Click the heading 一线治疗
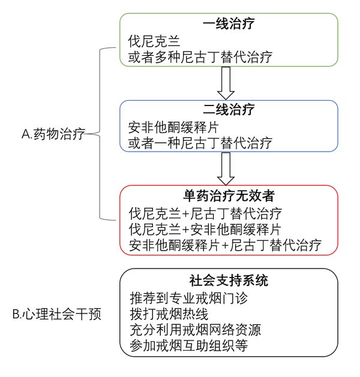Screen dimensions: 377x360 [228, 25]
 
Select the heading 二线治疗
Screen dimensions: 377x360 [228, 111]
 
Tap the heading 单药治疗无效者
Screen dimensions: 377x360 [228, 197]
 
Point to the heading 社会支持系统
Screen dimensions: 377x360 [228, 281]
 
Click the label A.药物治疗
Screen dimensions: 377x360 [53, 134]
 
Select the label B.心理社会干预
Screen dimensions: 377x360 [58, 313]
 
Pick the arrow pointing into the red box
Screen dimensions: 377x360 [226, 168]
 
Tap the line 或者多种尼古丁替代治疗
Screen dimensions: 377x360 [200, 58]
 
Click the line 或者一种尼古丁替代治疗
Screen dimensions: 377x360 [200, 143]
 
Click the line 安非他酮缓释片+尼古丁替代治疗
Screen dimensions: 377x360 [225, 245]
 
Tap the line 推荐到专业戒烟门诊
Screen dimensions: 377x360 [188, 298]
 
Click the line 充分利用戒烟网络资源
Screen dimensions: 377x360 [194, 330]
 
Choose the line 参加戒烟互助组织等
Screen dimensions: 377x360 [188, 346]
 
